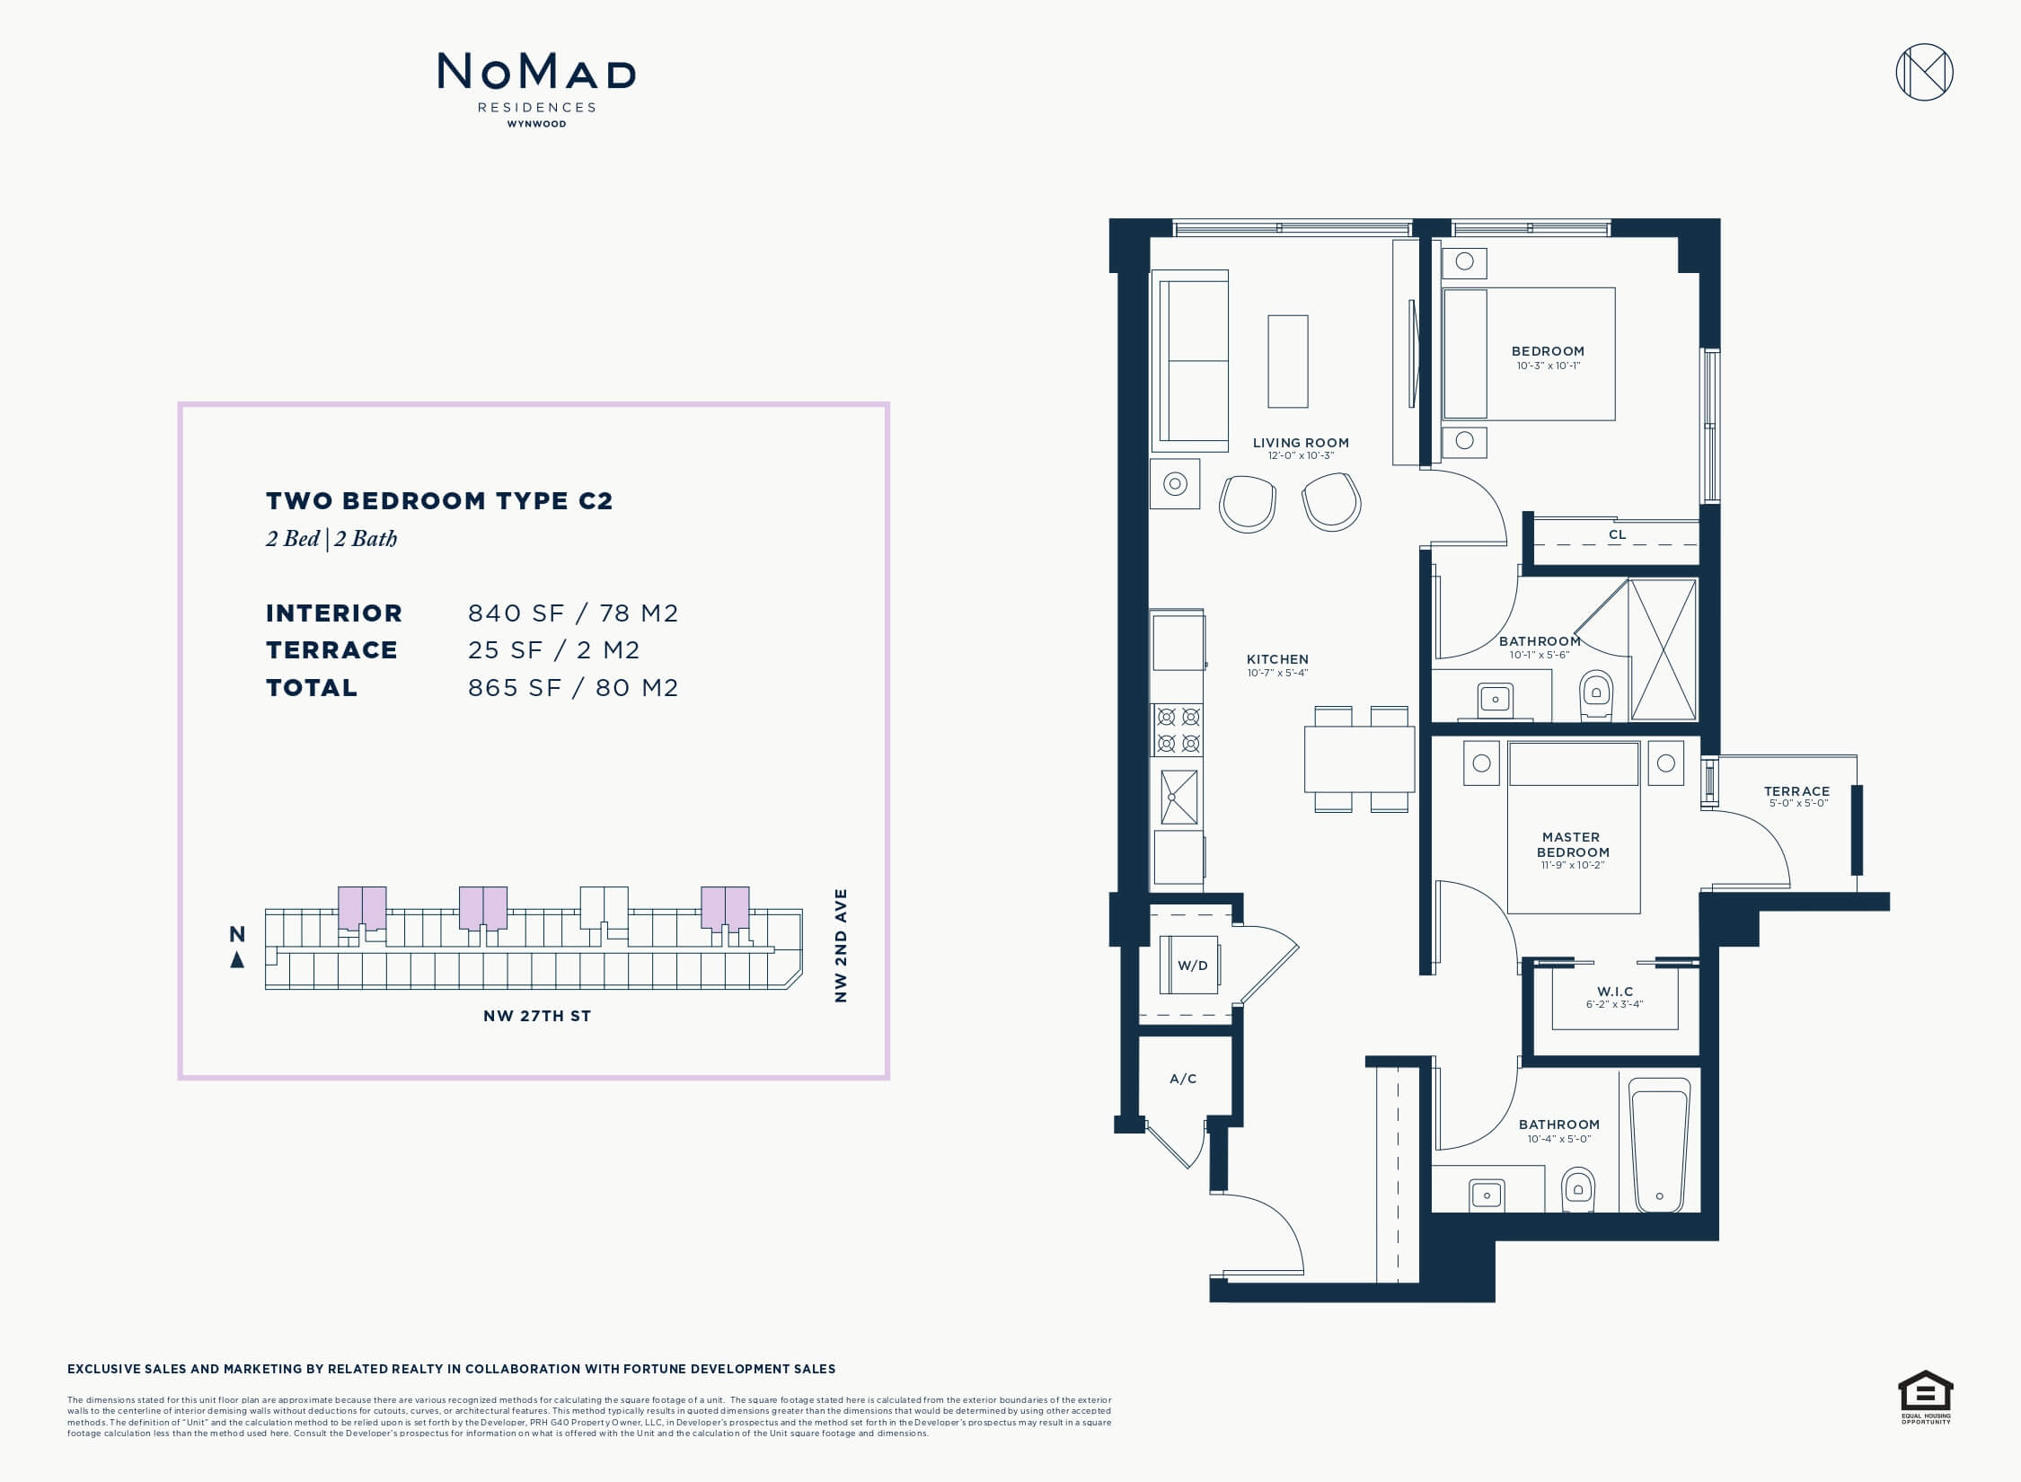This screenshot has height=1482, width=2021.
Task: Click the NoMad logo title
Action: click(536, 72)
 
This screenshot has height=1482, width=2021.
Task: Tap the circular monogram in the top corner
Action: click(1924, 72)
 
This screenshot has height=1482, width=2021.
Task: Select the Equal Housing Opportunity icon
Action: click(1926, 1396)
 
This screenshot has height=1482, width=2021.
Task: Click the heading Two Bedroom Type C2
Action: click(439, 500)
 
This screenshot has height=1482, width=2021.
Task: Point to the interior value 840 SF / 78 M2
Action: click(573, 613)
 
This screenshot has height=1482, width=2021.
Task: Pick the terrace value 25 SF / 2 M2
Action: click(553, 649)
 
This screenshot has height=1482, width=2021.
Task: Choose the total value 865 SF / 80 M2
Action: click(573, 687)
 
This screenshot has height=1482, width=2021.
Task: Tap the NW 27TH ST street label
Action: click(537, 1016)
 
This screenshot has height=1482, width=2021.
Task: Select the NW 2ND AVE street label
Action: click(841, 945)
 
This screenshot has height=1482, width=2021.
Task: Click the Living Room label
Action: click(1301, 442)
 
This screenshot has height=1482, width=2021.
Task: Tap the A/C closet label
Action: click(1183, 1079)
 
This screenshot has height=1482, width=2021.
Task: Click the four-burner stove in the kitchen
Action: click(1178, 730)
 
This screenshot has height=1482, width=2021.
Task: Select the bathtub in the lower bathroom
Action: click(1659, 1144)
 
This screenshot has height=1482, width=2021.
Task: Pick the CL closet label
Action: click(1617, 534)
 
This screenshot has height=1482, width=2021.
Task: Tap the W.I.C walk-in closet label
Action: click(1615, 992)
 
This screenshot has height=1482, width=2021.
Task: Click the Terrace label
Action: click(1796, 791)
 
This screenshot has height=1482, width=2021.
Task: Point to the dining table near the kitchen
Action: click(1359, 759)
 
